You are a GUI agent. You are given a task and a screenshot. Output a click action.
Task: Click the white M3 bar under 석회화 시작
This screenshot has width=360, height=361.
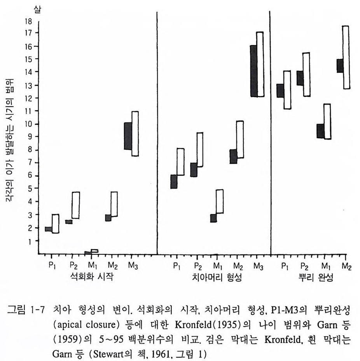(x=135, y=133)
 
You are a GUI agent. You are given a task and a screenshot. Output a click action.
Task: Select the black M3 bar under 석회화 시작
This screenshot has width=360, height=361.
(x=128, y=136)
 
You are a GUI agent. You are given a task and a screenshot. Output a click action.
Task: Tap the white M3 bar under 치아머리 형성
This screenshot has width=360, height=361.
(x=260, y=64)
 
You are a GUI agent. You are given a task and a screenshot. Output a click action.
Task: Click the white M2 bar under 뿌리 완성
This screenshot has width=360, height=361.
(x=345, y=57)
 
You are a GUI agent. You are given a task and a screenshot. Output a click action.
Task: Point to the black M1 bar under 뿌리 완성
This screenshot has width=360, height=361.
(x=320, y=131)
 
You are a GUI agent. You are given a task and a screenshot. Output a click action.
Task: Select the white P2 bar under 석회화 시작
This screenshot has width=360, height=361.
(x=75, y=205)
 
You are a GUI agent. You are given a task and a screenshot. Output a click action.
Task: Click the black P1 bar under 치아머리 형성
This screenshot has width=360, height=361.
(x=174, y=182)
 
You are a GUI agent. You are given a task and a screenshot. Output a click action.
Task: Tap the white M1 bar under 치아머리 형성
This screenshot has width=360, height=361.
(x=220, y=201)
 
